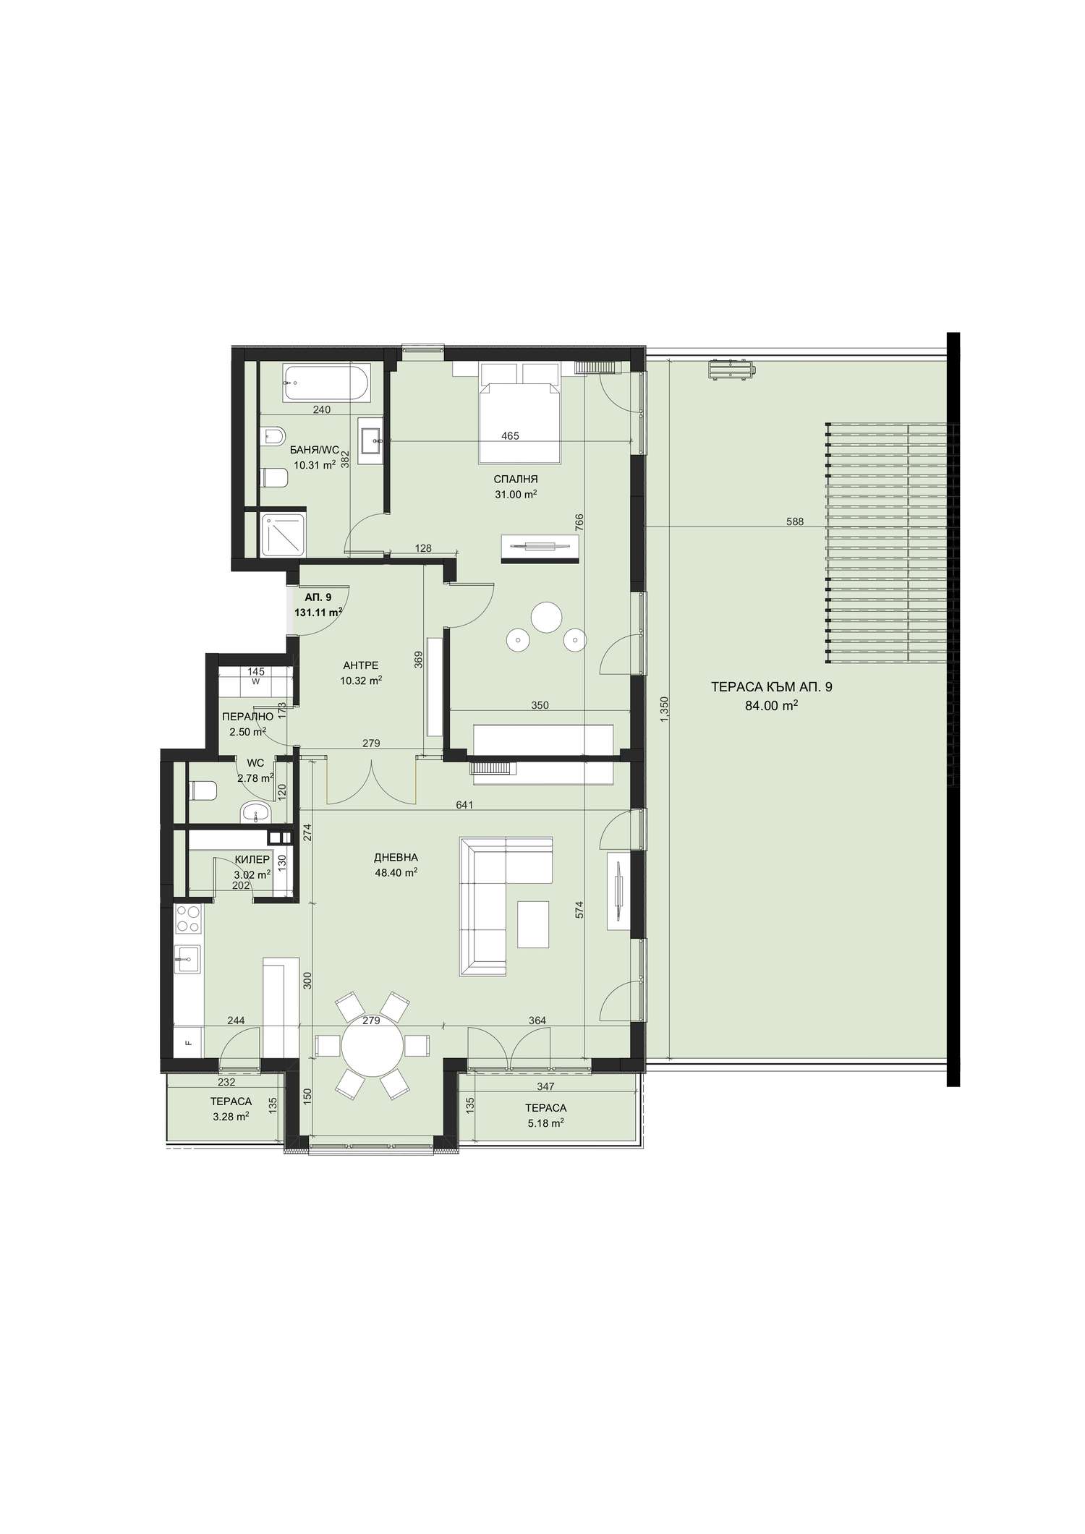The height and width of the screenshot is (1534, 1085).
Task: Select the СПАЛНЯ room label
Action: (x=516, y=479)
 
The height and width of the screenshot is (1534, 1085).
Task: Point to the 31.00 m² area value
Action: (x=516, y=495)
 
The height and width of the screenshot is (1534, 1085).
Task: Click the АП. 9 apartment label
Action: (x=318, y=597)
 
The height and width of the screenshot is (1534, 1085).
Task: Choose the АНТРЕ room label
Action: (x=360, y=665)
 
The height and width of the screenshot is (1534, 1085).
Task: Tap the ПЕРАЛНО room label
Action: (x=247, y=717)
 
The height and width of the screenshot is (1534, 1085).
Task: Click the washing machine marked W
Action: (x=256, y=681)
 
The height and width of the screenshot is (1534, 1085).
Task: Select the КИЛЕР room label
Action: (x=252, y=860)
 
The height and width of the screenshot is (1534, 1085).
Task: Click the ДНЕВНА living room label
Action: (x=396, y=857)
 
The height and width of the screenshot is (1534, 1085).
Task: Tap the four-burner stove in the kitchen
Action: (x=189, y=919)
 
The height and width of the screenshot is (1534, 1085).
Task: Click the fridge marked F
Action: (x=189, y=1042)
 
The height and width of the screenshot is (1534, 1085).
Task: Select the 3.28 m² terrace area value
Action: (x=231, y=1117)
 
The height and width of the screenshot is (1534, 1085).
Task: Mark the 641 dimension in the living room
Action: (x=465, y=804)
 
